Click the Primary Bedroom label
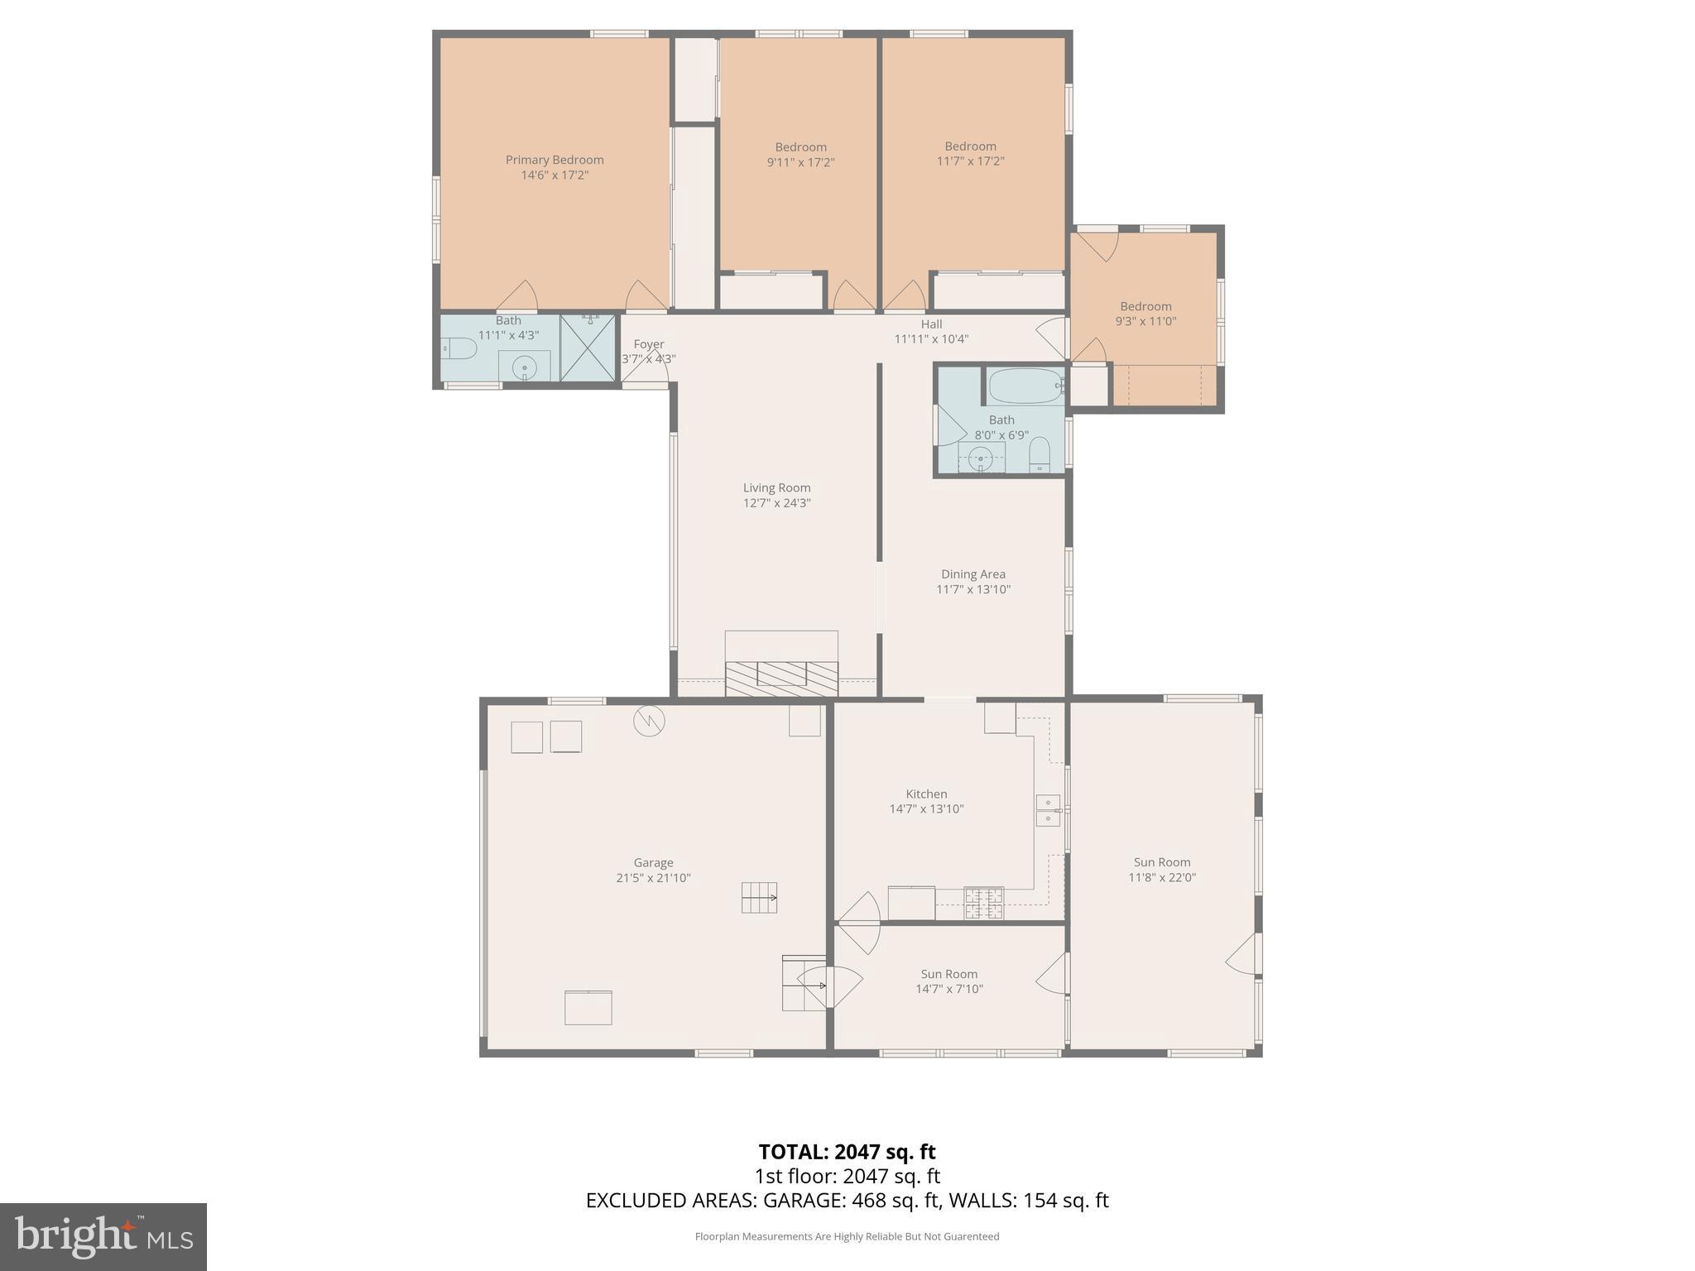555,160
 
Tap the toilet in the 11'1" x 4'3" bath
460,350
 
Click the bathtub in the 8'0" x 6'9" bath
1025,386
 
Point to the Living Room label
776,488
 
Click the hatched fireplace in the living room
781,679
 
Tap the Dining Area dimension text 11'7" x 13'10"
973,589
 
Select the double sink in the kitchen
1048,810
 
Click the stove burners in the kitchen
983,904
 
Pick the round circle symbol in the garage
649,722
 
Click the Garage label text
653,862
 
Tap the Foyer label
649,344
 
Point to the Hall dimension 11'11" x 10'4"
931,338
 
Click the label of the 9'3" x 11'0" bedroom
1145,306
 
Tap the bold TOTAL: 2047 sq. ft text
847,1152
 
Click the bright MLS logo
103,1236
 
